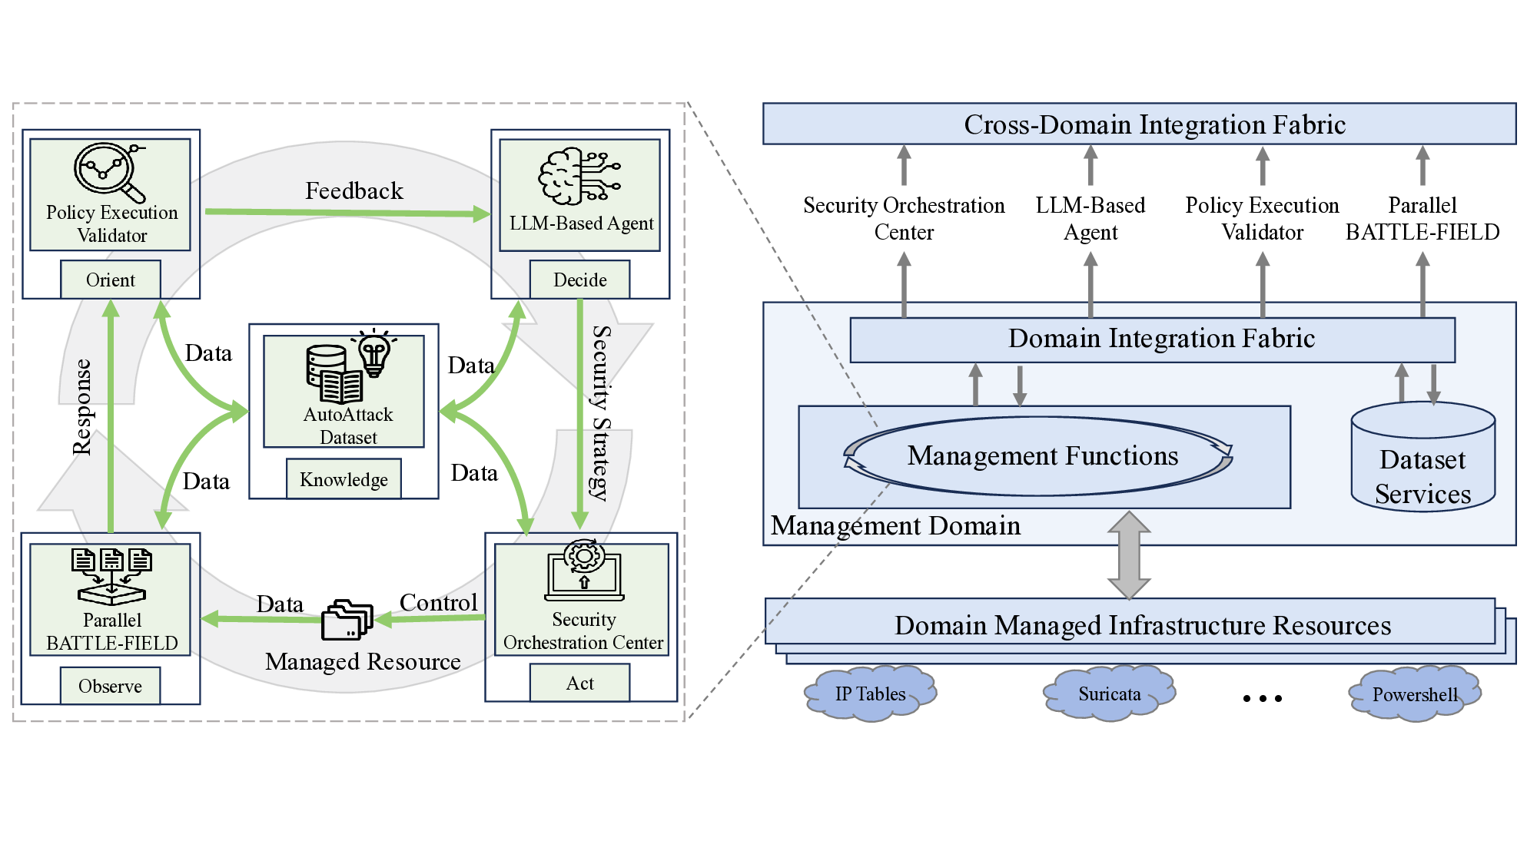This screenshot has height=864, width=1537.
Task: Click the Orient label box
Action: point(111,280)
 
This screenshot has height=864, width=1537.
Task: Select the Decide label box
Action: point(579,280)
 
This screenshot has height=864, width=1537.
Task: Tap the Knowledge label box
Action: point(344,479)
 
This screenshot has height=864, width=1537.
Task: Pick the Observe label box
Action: point(110,686)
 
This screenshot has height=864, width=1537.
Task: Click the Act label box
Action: point(579,683)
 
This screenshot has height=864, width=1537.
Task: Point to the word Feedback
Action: point(354,190)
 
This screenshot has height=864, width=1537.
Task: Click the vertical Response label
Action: point(81,407)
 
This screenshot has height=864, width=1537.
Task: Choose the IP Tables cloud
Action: point(870,694)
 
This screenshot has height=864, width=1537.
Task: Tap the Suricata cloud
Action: point(1109,694)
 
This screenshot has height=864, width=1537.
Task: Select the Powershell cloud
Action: point(1414,694)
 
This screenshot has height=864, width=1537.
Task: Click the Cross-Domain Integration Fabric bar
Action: point(1139,124)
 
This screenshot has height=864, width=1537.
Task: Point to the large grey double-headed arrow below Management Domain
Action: point(1128,555)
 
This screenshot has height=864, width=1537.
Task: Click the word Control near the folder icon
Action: point(438,603)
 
